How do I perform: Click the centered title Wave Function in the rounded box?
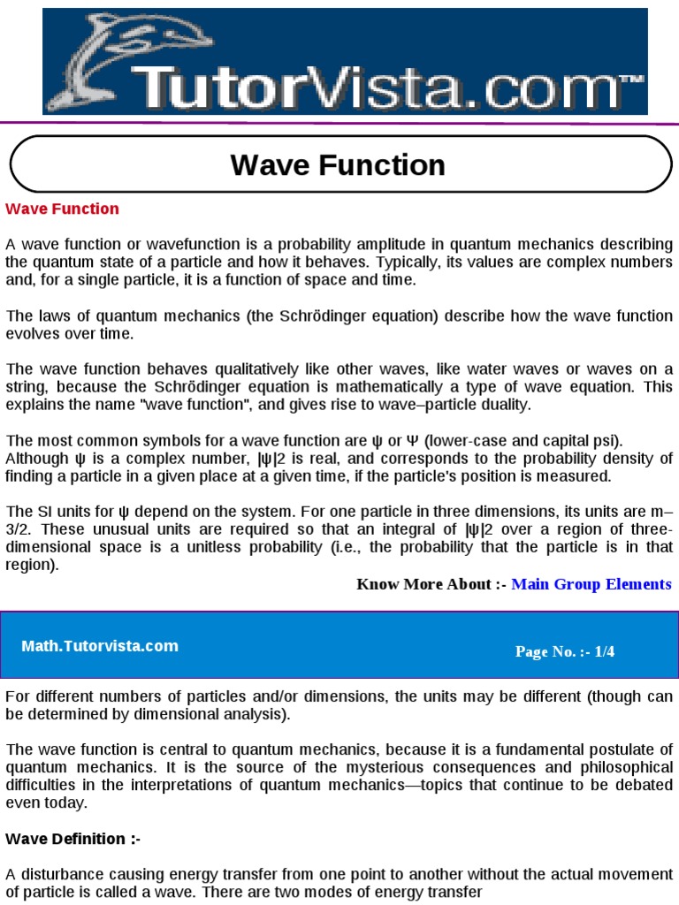click(x=338, y=165)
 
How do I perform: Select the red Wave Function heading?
click(x=62, y=209)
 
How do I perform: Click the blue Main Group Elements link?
click(x=591, y=584)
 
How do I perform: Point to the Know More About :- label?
click(x=431, y=584)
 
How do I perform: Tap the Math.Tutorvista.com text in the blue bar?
click(x=100, y=646)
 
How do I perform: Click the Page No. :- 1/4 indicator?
click(x=565, y=652)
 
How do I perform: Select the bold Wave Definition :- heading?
click(x=72, y=839)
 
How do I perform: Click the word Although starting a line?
click(x=36, y=458)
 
